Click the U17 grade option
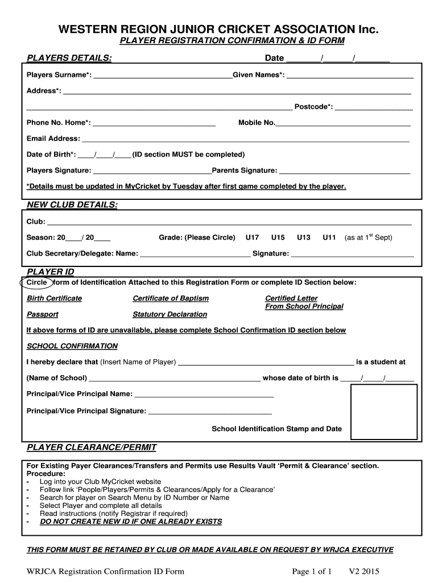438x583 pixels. coord(252,237)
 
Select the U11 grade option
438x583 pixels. coord(329,237)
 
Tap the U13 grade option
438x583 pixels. coord(304,237)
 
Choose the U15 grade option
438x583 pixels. coord(278,237)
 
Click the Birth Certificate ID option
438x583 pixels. coord(54,298)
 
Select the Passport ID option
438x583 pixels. coord(42,314)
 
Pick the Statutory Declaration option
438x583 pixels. coord(170,314)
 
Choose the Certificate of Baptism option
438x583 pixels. coord(171,298)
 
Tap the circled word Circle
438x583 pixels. coord(37,282)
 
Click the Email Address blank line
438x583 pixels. coord(246,139)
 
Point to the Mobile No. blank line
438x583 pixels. coord(343,124)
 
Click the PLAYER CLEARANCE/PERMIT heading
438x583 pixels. coord(92,447)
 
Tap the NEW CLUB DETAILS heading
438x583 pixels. coord(72,205)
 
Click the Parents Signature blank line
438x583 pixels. coord(345,171)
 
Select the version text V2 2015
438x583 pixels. coord(364,571)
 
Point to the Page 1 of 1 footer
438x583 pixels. coord(312,571)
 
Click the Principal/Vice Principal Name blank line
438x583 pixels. coord(204,395)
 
